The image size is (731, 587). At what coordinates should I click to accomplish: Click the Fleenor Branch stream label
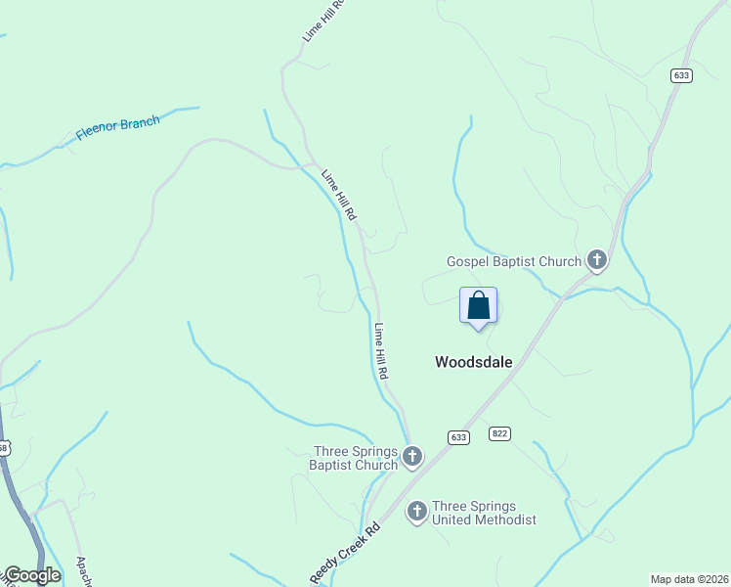[117, 128]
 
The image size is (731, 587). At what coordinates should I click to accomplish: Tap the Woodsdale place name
[473, 361]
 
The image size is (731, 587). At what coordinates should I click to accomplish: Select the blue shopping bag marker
[478, 305]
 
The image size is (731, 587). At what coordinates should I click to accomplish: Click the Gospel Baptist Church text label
[514, 261]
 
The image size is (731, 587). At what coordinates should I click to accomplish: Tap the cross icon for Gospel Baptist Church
[596, 260]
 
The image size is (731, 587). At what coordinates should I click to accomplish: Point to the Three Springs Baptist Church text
[354, 458]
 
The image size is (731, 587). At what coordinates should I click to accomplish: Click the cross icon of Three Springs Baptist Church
[412, 456]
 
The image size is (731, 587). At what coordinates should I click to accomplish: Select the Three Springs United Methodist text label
[485, 513]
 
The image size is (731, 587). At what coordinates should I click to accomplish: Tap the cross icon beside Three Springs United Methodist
[417, 511]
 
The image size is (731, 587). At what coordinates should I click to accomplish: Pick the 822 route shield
[500, 433]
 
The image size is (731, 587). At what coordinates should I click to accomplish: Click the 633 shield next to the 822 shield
[458, 437]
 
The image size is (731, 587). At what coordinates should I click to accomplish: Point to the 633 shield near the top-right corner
[681, 75]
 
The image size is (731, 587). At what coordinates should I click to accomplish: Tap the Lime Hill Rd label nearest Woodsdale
[382, 351]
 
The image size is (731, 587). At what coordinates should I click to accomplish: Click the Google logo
[31, 575]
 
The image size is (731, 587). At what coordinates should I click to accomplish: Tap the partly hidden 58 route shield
[3, 448]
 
